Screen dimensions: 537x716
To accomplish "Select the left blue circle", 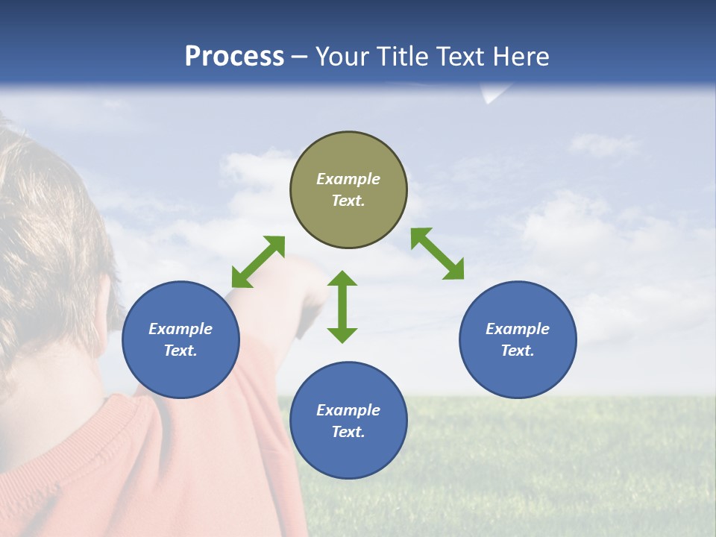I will [x=180, y=339].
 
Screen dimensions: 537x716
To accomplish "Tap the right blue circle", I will [x=518, y=339].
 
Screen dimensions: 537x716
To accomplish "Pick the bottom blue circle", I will [x=348, y=420].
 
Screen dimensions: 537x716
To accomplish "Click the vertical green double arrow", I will [x=342, y=307].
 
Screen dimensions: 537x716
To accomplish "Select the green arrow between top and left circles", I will [x=258, y=262].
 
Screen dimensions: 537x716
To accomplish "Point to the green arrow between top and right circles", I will [x=438, y=254].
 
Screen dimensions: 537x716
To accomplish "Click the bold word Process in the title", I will [x=234, y=57].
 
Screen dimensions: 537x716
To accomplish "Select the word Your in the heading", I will [x=342, y=57].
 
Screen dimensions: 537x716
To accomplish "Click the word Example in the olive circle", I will [x=348, y=179].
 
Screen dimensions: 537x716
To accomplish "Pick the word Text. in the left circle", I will [x=180, y=351].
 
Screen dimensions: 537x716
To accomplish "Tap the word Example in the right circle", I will [x=518, y=329].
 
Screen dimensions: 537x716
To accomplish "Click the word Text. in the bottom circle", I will [x=348, y=432].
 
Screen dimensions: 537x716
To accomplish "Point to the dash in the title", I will [x=300, y=57].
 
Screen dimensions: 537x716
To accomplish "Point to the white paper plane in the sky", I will [x=492, y=94].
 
